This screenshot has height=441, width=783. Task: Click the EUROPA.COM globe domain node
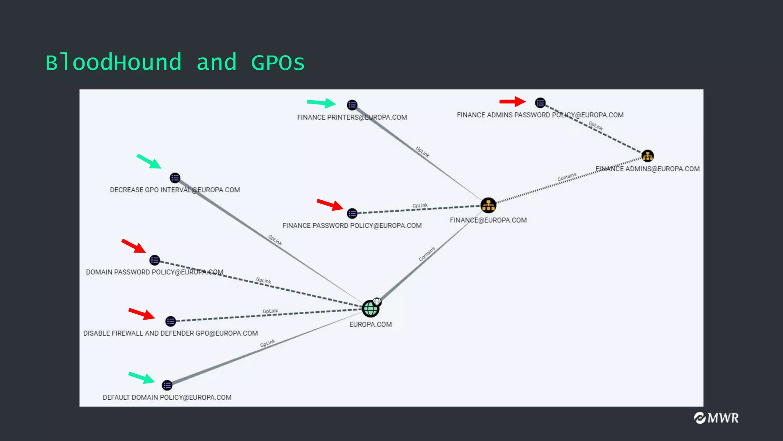pos(370,309)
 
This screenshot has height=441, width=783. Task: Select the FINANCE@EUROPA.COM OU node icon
pos(488,206)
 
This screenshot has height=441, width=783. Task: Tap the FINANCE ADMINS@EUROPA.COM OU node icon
pos(647,156)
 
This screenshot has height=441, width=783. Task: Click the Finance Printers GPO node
pos(352,105)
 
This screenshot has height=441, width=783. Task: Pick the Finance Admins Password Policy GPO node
pos(540,103)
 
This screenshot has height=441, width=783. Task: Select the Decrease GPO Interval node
pos(175,178)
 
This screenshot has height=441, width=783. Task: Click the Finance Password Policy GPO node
pos(352,213)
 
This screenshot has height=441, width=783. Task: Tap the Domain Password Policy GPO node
pos(154,260)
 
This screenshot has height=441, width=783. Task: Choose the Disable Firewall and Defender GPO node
pos(171,321)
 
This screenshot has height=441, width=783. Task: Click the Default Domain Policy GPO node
pos(167,385)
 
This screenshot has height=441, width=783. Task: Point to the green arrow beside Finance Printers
pos(321,103)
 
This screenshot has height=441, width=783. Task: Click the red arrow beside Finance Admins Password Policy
pos(512,101)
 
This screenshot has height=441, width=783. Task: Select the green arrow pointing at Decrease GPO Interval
pos(149,161)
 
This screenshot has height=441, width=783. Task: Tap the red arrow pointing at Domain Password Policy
pos(133,246)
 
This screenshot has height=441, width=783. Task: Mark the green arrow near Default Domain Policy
pos(141,377)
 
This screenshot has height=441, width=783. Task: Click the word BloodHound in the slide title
pos(114,63)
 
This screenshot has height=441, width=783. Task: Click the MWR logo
pos(716,418)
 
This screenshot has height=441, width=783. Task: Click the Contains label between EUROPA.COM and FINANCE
pos(427,254)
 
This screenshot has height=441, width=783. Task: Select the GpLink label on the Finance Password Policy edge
pos(420,206)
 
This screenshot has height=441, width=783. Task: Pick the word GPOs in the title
pos(278,63)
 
